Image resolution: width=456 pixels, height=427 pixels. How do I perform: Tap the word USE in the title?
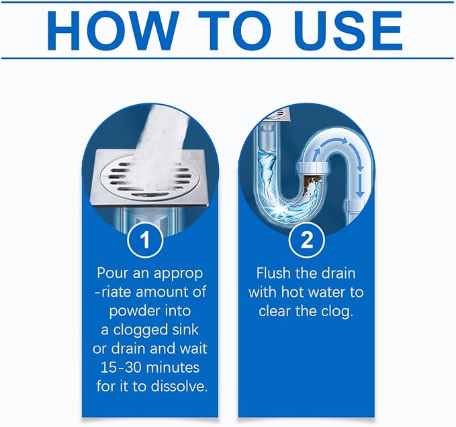[350, 31]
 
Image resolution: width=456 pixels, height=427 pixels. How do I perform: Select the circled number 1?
[145, 240]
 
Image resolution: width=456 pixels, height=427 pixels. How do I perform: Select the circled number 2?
[306, 240]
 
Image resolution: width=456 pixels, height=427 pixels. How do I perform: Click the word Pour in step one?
[112, 273]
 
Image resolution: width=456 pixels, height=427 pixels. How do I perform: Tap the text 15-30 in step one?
[120, 367]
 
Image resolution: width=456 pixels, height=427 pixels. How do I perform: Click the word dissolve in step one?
[179, 386]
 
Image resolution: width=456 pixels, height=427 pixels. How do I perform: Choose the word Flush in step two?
[273, 273]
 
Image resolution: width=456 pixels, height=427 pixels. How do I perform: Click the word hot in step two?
[292, 292]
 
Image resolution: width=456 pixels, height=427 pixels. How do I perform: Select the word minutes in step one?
[173, 367]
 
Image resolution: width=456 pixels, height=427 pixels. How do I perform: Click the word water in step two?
[326, 293]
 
